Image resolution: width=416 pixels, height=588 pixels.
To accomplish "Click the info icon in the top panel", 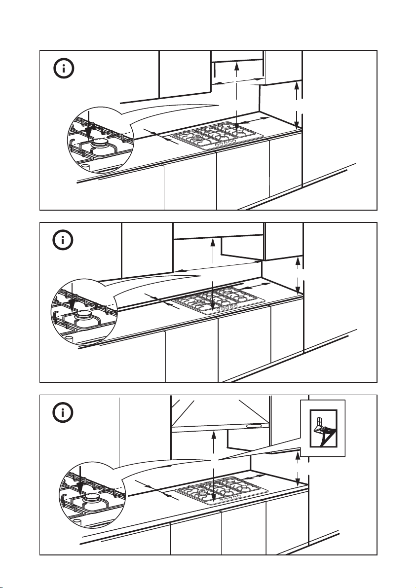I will point(64,69).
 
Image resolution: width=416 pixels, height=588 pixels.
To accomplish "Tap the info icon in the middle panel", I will point(64,241).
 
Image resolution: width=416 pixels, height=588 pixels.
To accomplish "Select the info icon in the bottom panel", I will point(64,412).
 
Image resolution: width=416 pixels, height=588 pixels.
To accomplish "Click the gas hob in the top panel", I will point(217,136).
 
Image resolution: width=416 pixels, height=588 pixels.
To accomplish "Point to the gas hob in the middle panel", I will point(219,300).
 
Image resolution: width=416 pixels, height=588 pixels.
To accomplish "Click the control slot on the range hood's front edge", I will point(255,425).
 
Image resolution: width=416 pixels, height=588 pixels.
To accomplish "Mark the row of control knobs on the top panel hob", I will point(225,143).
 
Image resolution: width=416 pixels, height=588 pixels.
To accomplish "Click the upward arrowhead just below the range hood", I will point(213,434).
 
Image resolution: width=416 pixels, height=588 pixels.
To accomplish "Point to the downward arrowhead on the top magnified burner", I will point(87,131).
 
